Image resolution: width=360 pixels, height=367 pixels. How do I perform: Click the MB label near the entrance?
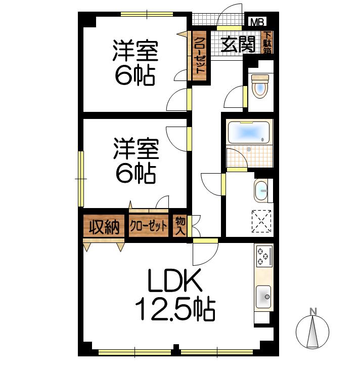coord(257,22)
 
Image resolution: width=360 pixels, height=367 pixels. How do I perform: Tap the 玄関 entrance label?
coord(238,45)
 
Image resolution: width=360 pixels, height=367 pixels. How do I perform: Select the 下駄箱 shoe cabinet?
coord(267,43)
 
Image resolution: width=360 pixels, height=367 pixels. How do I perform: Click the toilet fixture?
coord(260,86)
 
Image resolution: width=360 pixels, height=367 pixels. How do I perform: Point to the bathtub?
coord(249,132)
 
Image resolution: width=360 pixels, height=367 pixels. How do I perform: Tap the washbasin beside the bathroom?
coord(261,190)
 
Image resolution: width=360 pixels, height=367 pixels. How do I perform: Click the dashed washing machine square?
coord(261,221)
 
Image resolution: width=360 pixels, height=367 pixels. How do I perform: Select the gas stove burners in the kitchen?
coord(264,256)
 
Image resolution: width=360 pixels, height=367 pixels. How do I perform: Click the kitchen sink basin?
coord(263,297)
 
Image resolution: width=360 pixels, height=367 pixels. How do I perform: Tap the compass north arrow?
coord(312,332)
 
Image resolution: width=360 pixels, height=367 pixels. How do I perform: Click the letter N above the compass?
coord(313,311)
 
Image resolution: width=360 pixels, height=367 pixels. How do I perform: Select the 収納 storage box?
coord(104,226)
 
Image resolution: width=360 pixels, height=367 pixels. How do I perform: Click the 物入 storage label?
coord(180,226)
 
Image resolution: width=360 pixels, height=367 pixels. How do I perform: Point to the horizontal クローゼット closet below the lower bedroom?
coord(149,225)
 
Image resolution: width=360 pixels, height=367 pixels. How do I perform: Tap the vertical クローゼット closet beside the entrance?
coord(199,56)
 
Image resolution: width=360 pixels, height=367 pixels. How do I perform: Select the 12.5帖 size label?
coord(175,309)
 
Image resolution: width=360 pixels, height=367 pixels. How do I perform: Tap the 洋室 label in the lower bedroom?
coord(137,149)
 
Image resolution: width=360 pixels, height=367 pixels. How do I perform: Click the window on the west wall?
coord(81,179)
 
